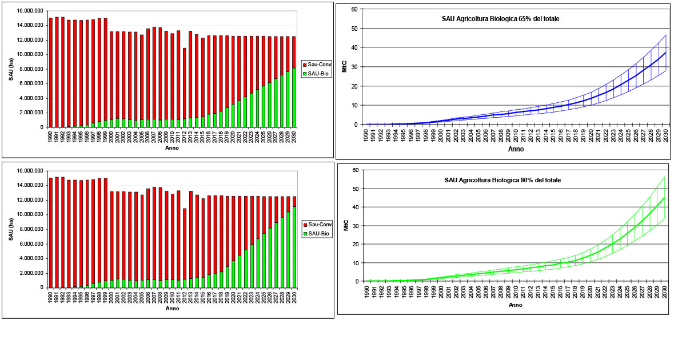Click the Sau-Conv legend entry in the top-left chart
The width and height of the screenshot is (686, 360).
tap(318, 65)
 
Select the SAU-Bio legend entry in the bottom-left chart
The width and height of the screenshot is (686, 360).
tap(318, 233)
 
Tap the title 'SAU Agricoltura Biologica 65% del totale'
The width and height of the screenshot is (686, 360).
tap(500, 19)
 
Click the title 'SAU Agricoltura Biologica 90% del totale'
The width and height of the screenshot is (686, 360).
tap(502, 180)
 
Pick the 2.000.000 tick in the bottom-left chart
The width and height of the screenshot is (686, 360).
tap(28, 273)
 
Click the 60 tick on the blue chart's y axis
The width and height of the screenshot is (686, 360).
tap(354, 9)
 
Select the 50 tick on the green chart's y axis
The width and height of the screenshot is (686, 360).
tap(355, 189)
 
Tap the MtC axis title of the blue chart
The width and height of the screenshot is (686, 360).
tap(345, 67)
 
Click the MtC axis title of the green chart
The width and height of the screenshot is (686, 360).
tap(345, 226)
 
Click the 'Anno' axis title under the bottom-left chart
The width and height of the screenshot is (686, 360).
tap(172, 309)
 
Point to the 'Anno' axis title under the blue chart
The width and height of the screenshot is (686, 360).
tap(516, 149)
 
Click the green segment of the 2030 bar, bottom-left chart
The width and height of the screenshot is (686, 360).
tap(294, 247)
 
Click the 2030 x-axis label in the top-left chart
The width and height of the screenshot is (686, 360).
tap(294, 137)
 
